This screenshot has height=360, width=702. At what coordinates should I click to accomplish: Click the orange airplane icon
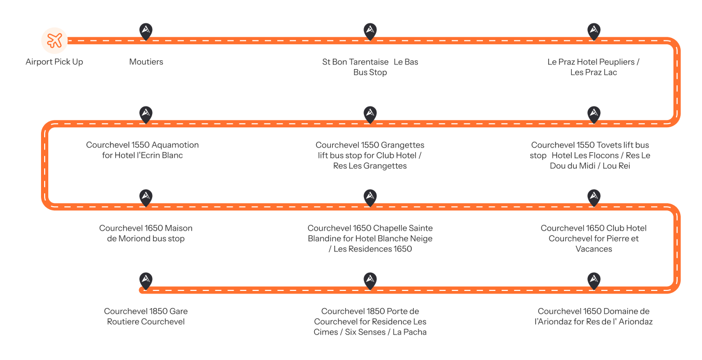[x=55, y=41]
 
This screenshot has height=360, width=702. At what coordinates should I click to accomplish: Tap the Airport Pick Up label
[x=55, y=62]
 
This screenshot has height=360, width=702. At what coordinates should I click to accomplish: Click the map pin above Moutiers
[x=146, y=31]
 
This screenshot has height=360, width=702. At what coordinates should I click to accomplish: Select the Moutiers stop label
[x=146, y=62]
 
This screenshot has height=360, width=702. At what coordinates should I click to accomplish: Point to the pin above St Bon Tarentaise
[x=370, y=31]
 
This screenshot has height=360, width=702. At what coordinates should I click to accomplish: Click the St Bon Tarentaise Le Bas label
[x=370, y=67]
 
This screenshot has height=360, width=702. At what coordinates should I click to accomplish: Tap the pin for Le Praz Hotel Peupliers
[x=593, y=31]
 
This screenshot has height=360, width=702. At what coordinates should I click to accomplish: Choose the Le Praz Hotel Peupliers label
[x=593, y=67]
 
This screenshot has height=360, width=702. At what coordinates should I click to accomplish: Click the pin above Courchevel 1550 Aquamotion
[x=146, y=114]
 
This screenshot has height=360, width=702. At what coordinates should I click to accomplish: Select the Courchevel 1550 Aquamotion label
[x=142, y=150]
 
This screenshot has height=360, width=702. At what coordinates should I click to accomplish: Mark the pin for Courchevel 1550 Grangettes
[x=370, y=114]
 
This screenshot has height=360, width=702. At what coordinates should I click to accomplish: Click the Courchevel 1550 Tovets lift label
[x=590, y=155]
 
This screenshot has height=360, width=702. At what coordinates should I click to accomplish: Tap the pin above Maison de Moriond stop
[x=146, y=197]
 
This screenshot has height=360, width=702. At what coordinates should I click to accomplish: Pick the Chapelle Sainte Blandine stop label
[x=370, y=238]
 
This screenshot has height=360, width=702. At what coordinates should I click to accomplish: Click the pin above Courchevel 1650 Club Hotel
[x=593, y=197]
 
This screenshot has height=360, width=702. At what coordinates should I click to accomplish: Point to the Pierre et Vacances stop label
[x=593, y=238]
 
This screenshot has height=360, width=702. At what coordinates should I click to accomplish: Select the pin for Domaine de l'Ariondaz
[x=593, y=281]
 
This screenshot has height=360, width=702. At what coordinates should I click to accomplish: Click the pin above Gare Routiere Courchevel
[x=146, y=281]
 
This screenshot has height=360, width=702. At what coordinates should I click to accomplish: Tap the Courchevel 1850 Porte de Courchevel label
[x=370, y=322]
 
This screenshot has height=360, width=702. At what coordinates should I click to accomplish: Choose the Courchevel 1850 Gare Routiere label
[x=146, y=316]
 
